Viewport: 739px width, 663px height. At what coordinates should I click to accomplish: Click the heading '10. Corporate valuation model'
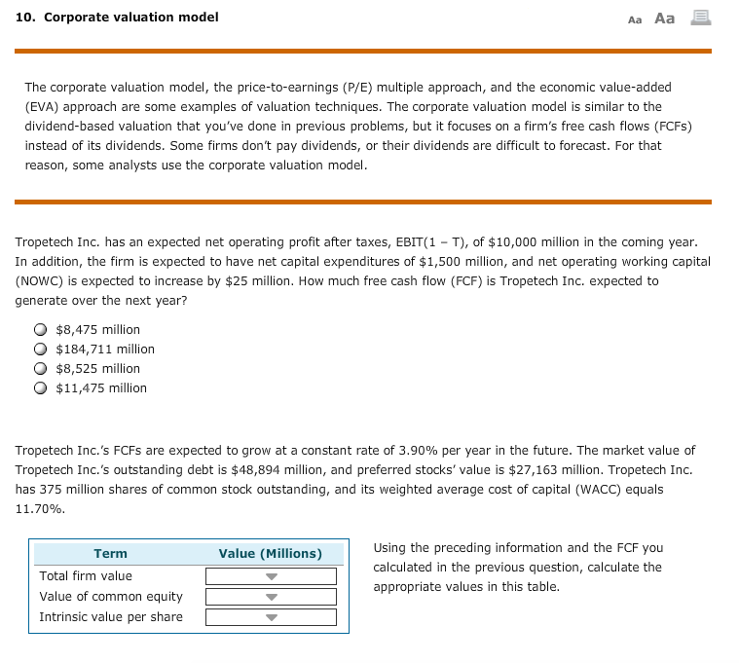point(117,18)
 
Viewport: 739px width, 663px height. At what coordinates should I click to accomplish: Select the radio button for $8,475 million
point(40,330)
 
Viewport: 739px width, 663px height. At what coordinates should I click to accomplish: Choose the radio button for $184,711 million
point(40,350)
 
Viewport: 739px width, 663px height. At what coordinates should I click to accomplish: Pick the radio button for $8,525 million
point(40,369)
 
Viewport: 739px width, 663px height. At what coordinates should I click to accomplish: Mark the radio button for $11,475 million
point(40,388)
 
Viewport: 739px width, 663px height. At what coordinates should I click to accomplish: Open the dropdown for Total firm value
point(271,576)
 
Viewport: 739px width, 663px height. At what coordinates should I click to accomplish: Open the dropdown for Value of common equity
point(271,597)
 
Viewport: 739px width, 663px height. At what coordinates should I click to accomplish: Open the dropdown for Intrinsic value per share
point(271,617)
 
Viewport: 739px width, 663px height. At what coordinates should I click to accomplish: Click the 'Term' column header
point(110,554)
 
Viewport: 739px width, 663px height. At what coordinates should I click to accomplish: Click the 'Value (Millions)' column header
point(270,554)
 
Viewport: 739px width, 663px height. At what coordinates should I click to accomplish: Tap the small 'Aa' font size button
point(635,18)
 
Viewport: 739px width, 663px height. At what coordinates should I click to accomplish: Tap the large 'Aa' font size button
point(665,18)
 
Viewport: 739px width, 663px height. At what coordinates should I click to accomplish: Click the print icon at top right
point(699,18)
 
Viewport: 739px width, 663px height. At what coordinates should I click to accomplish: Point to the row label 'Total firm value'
point(86,576)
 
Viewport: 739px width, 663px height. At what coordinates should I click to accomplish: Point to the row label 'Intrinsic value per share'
point(110,617)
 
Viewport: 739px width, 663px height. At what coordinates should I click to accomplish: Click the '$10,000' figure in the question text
point(491,241)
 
